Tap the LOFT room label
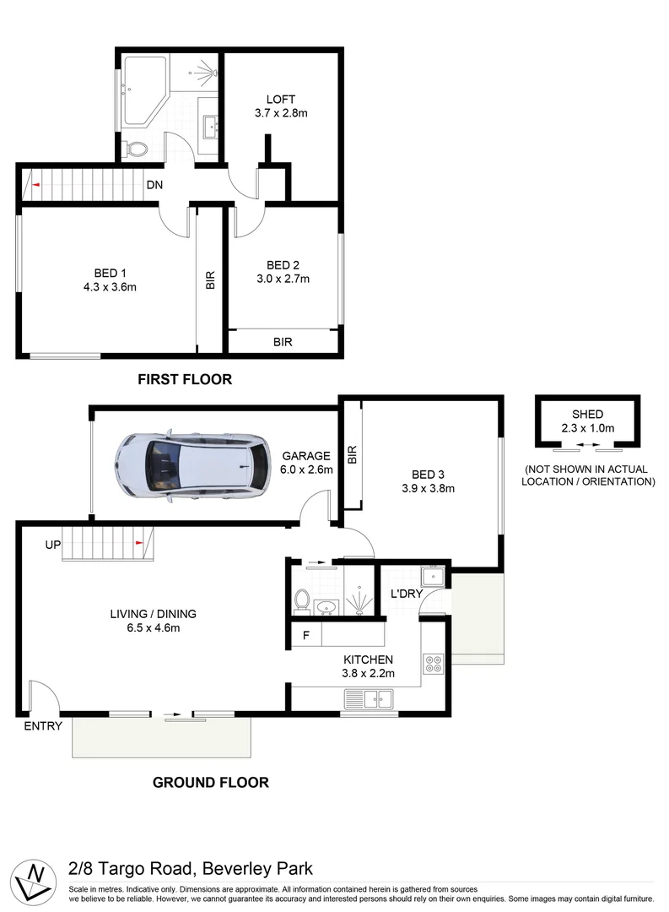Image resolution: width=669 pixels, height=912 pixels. pyautogui.click(x=281, y=100)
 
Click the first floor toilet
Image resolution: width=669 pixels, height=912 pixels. pyautogui.click(x=134, y=150)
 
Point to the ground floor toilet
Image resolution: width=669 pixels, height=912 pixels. pyautogui.click(x=301, y=600)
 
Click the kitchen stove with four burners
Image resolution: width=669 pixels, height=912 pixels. pyautogui.click(x=434, y=665)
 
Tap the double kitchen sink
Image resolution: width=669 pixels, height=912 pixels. pyautogui.click(x=369, y=698)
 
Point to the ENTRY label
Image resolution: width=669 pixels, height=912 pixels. pyautogui.click(x=41, y=725)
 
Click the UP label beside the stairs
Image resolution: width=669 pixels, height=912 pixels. pyautogui.click(x=53, y=546)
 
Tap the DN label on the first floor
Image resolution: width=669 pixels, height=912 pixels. pyautogui.click(x=154, y=185)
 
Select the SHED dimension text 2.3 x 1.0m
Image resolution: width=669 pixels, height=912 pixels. pyautogui.click(x=587, y=428)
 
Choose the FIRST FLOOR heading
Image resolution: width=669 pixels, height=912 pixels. pyautogui.click(x=184, y=380)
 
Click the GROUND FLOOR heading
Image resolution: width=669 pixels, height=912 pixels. pyautogui.click(x=210, y=783)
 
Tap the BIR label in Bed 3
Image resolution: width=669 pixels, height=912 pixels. pyautogui.click(x=353, y=454)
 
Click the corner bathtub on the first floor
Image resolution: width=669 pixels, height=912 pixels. pyautogui.click(x=145, y=91)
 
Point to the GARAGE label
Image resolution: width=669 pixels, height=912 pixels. pyautogui.click(x=306, y=456)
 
